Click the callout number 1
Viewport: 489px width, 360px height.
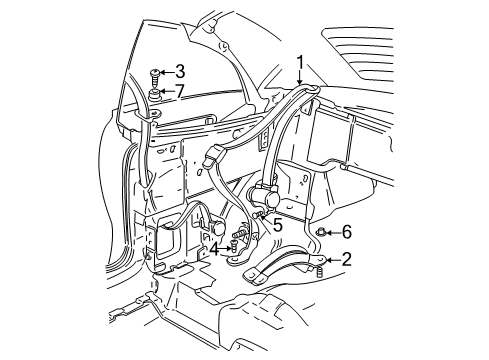click(300, 63)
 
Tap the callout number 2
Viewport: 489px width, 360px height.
click(346, 259)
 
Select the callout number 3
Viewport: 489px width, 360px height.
click(180, 72)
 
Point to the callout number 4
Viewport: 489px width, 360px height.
click(215, 249)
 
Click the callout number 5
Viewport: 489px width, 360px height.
click(278, 225)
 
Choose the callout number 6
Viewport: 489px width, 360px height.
click(347, 232)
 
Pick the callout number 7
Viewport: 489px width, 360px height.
click(180, 91)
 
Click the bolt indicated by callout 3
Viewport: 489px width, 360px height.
click(154, 77)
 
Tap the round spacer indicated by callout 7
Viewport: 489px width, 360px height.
click(154, 94)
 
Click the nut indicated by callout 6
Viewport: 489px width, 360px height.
click(321, 231)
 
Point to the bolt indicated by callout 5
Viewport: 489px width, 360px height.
click(257, 215)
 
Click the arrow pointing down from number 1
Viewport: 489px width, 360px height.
click(300, 78)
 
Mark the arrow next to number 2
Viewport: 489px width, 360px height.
click(334, 260)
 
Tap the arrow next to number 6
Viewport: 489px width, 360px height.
click(334, 232)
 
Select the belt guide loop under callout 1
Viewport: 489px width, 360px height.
click(307, 89)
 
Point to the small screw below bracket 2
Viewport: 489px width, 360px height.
click(319, 272)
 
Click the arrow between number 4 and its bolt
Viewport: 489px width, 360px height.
click(225, 248)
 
